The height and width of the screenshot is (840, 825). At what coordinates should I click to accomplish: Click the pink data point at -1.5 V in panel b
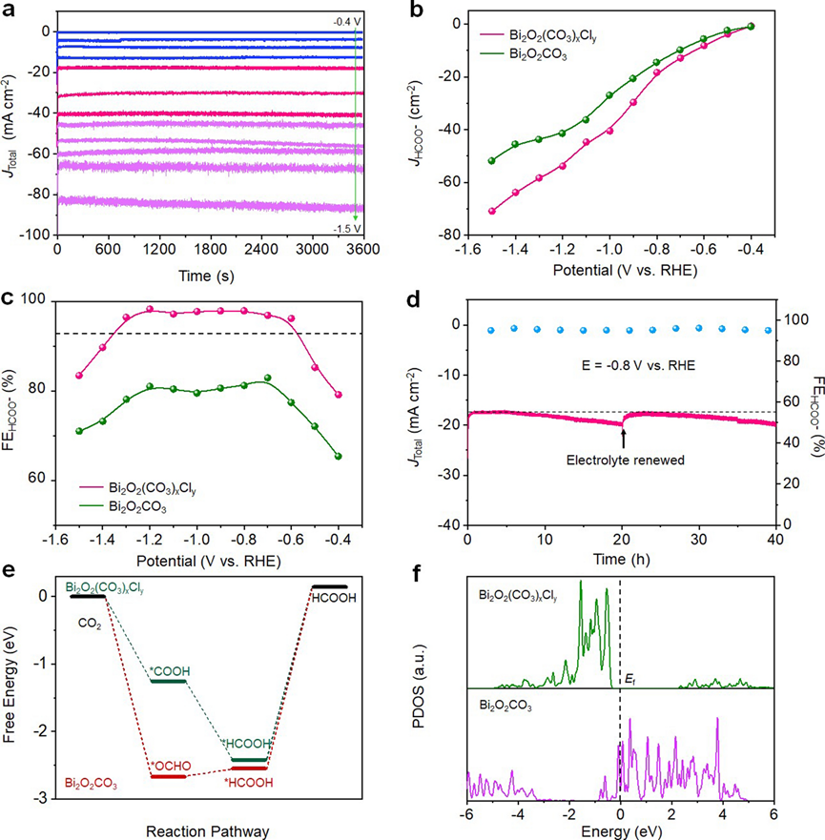492,211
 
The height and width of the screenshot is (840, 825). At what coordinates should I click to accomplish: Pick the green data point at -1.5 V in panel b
492,160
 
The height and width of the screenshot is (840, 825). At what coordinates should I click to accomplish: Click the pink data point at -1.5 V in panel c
79,375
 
